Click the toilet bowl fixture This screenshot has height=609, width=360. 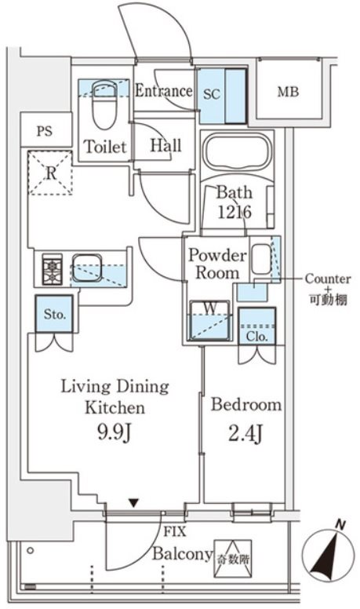click(104, 104)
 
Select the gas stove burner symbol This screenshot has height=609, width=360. click(52, 270)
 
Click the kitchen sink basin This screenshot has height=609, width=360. click(87, 267)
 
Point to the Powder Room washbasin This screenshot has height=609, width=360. click(261, 259)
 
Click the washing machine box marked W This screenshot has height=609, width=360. click(209, 321)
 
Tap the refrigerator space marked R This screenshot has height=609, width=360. click(51, 173)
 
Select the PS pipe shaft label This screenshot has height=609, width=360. click(45, 131)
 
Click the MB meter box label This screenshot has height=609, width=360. click(288, 92)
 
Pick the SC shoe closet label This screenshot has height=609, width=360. click(212, 93)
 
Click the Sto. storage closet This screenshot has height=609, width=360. click(54, 314)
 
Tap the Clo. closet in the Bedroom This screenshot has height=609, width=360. click(257, 326)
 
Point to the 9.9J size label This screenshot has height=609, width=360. click(114, 432)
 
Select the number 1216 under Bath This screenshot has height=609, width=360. click(235, 212)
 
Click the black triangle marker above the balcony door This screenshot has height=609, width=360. click(133, 503)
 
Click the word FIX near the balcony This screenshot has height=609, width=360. click(174, 531)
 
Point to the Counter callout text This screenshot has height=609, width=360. click(328, 279)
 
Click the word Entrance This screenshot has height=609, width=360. click(163, 91)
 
